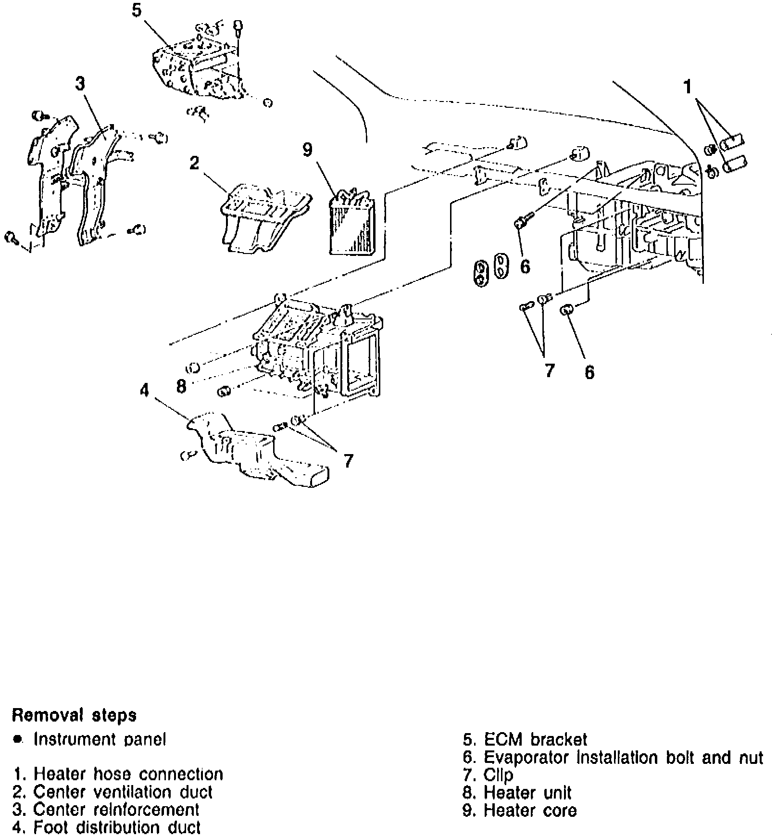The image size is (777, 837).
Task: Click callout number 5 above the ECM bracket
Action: (137, 11)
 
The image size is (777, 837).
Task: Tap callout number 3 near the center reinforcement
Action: (80, 84)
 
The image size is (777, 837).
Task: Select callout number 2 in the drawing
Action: (194, 164)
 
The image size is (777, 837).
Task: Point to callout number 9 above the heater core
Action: (307, 150)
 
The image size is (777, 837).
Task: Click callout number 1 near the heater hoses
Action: (688, 87)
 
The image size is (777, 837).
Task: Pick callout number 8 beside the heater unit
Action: (181, 386)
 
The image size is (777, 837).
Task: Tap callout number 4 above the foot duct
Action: (145, 391)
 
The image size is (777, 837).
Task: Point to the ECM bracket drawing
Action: (202, 67)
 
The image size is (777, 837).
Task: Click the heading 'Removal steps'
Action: (74, 715)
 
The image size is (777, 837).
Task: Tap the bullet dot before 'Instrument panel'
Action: (18, 739)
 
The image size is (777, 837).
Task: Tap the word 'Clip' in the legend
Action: (498, 775)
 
